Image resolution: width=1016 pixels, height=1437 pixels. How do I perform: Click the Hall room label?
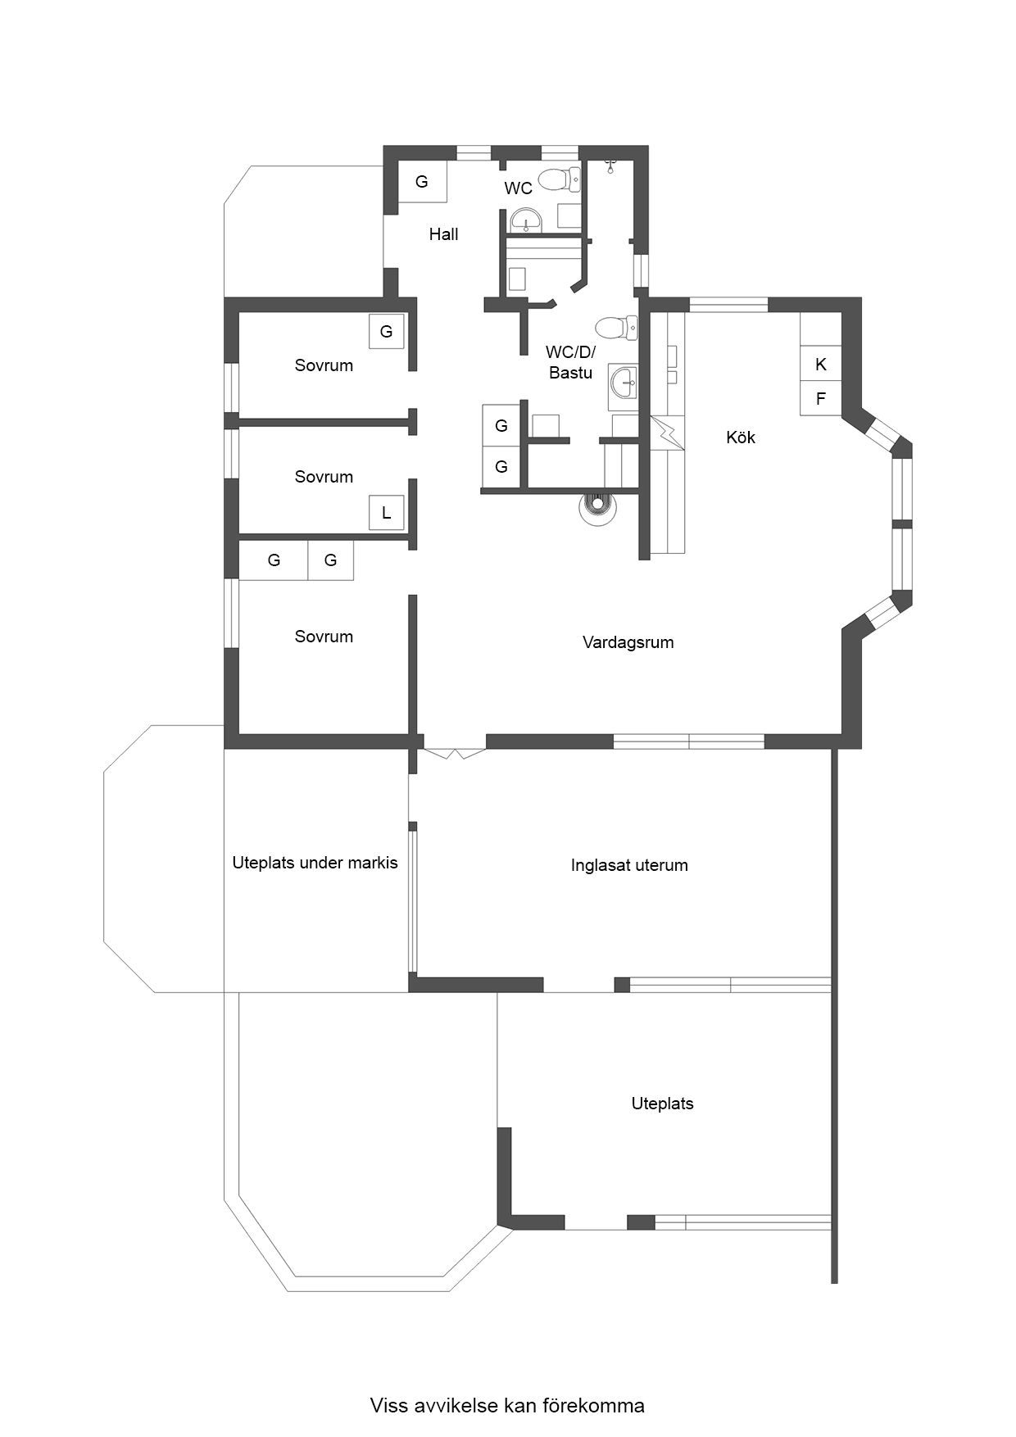point(443,234)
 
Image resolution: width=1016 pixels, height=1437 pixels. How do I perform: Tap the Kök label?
point(741,437)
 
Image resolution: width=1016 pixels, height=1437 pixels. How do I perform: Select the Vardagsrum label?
point(628,643)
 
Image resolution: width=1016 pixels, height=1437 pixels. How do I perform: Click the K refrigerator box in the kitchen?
point(821,365)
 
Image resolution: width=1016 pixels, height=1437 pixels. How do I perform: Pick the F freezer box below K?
point(821,399)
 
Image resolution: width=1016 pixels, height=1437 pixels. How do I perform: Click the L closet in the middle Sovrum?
point(387,514)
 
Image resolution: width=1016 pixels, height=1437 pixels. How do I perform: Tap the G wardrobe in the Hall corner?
point(423,182)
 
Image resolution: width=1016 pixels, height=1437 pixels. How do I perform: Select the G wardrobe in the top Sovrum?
point(386,332)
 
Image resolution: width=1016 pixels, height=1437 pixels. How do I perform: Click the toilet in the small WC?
point(563,178)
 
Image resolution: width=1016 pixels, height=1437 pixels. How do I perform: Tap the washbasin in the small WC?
point(525,220)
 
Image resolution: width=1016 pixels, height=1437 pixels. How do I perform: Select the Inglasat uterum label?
point(629,865)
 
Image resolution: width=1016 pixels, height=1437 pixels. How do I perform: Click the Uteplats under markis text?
point(315,863)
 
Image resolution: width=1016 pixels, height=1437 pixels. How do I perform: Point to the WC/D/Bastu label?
point(570,362)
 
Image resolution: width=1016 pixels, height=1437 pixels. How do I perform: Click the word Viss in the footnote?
point(388,1406)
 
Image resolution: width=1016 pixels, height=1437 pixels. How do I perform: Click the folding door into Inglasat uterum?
point(454,753)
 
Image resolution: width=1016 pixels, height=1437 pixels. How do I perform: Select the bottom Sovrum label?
point(324,637)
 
